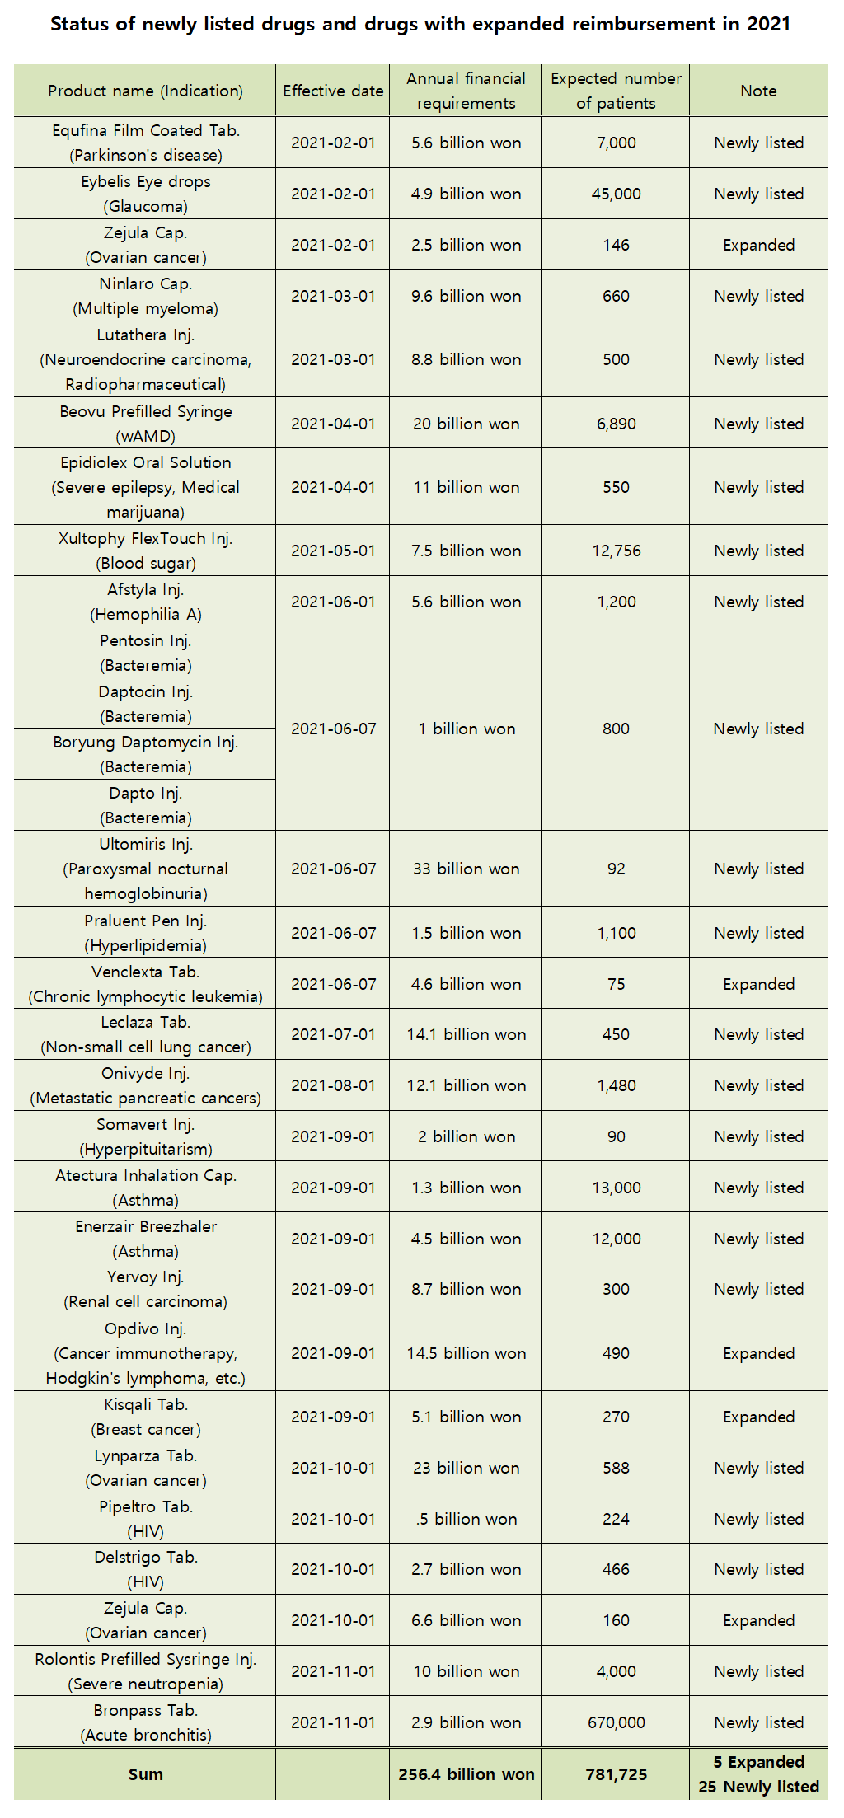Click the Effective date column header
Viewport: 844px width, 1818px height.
click(x=333, y=91)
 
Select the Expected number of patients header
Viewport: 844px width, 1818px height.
click(x=616, y=91)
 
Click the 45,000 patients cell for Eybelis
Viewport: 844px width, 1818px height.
click(x=616, y=194)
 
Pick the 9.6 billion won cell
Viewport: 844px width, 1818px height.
click(x=466, y=296)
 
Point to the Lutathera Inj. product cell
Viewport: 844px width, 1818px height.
click(x=145, y=359)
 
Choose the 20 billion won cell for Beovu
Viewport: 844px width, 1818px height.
click(x=466, y=424)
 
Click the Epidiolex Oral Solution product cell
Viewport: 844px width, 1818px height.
click(x=145, y=487)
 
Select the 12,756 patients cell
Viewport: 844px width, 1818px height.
click(x=616, y=551)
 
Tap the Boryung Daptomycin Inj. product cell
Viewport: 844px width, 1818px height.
click(x=145, y=754)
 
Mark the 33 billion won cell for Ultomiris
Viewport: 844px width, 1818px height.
click(x=466, y=869)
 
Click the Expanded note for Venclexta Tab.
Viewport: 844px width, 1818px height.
click(x=758, y=984)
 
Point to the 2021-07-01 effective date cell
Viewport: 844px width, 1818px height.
click(x=333, y=1034)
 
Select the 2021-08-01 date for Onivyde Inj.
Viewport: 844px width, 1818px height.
click(x=333, y=1085)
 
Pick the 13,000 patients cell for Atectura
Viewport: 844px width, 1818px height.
click(x=616, y=1188)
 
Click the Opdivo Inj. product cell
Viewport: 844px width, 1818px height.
click(x=145, y=1352)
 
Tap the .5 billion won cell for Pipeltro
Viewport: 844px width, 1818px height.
click(x=466, y=1519)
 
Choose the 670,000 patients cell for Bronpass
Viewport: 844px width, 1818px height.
click(x=616, y=1722)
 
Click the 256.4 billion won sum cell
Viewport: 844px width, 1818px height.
click(x=466, y=1774)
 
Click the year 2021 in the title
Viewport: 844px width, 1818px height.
click(x=768, y=24)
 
